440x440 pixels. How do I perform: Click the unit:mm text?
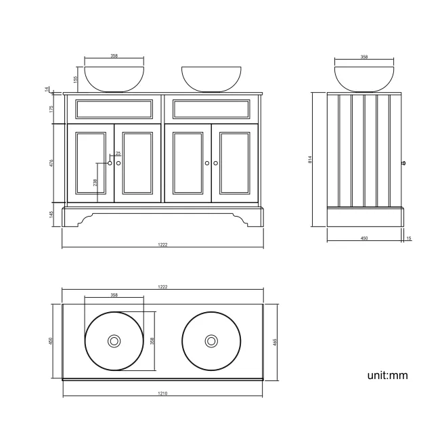tap(387, 374)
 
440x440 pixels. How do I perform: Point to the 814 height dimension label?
tap(309, 160)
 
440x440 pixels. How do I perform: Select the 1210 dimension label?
tap(162, 393)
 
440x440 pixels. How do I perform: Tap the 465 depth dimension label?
tap(275, 342)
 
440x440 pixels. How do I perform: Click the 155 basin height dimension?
tap(76, 79)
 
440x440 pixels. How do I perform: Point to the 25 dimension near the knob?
tap(118, 154)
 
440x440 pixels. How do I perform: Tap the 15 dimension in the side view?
tap(408, 238)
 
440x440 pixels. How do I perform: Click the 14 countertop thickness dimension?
tap(47, 89)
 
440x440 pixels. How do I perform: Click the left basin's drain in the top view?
tap(114, 341)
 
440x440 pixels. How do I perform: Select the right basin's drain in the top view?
tap(211, 341)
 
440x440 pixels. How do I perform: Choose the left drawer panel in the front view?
tap(114, 109)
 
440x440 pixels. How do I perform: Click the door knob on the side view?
tap(403, 162)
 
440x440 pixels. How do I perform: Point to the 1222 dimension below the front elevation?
tap(162, 244)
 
